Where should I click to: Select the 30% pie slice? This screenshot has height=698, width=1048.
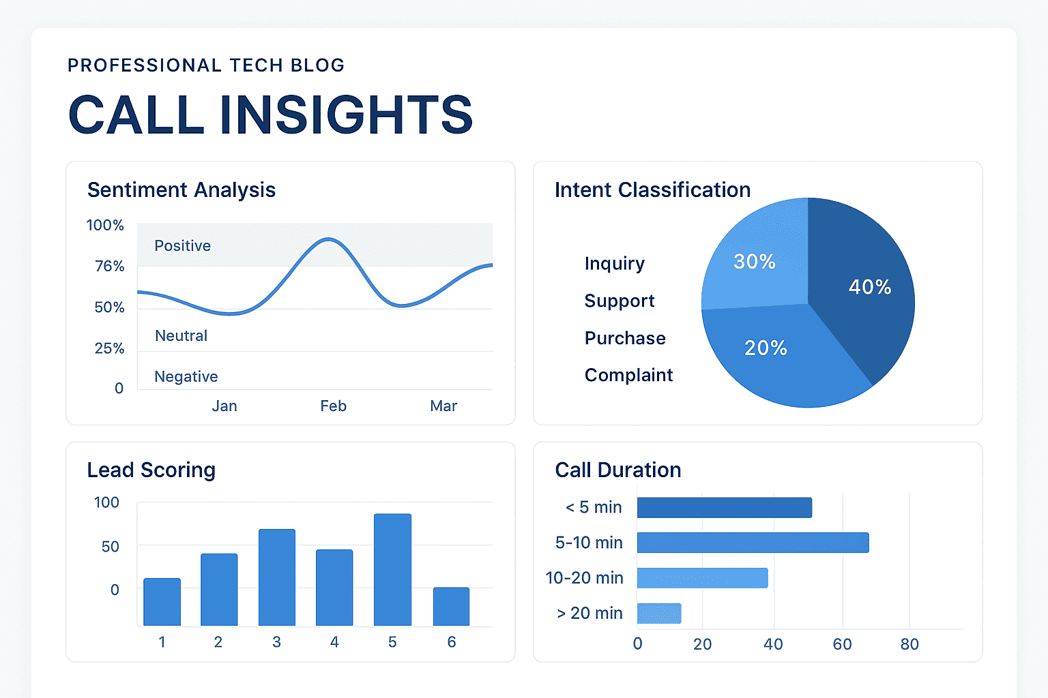[x=754, y=262]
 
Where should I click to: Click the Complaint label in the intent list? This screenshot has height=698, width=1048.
[x=628, y=375]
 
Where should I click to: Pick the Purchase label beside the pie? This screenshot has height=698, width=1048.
[x=625, y=338]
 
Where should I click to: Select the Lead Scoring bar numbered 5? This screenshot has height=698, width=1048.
[x=392, y=570]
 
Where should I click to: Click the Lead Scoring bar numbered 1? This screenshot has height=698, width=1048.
[x=162, y=602]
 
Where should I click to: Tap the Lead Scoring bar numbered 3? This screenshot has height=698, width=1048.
[x=277, y=577]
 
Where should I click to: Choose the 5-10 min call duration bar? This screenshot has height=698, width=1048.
[x=753, y=543]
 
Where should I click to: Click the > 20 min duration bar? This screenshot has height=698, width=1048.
[x=659, y=613]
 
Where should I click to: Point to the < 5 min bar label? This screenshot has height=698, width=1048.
[x=594, y=507]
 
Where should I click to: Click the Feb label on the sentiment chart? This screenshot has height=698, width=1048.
[x=333, y=406]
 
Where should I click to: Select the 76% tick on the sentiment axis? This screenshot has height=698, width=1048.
[x=109, y=266]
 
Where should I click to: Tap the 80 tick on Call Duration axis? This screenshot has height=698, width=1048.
[x=909, y=644]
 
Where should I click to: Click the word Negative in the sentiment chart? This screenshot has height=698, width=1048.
[x=186, y=376]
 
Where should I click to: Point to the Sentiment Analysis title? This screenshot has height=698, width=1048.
[x=181, y=189]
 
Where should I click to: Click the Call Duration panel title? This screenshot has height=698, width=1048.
[x=618, y=470]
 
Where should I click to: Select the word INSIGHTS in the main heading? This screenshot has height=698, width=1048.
[x=347, y=115]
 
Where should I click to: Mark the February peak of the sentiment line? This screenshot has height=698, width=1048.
[x=329, y=239]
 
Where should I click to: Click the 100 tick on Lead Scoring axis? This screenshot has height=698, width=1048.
[x=106, y=502]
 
